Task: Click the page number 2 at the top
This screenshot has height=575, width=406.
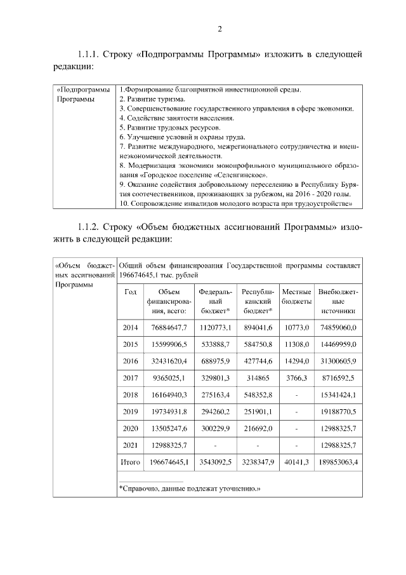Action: click(x=219, y=29)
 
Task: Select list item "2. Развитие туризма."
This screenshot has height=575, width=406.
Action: click(x=152, y=99)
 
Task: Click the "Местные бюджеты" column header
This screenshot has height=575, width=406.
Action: click(x=296, y=296)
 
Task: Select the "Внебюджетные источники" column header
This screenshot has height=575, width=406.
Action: click(x=338, y=301)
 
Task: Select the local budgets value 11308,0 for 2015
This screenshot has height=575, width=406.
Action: click(x=296, y=344)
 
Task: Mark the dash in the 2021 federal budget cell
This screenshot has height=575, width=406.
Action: click(x=216, y=446)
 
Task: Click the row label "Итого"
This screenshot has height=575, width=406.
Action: click(x=131, y=463)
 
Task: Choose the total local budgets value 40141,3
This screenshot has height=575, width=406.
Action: click(x=296, y=463)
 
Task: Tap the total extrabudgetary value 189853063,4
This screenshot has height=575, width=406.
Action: click(x=338, y=463)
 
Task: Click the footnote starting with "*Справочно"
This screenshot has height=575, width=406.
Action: click(x=190, y=488)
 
